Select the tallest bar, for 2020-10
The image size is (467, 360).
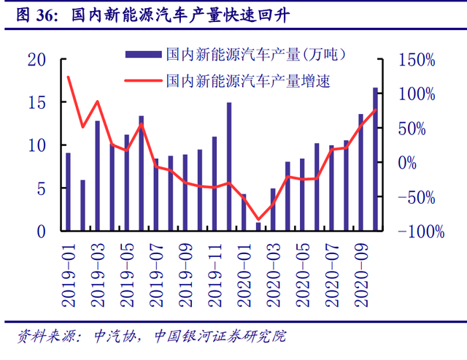(376, 159)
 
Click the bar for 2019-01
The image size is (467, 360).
(68, 191)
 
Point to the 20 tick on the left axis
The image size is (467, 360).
(36, 60)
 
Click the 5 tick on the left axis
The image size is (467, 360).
(42, 188)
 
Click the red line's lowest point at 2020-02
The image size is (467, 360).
(258, 219)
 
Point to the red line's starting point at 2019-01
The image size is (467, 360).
(68, 77)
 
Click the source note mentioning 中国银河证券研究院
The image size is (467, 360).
(220, 337)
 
